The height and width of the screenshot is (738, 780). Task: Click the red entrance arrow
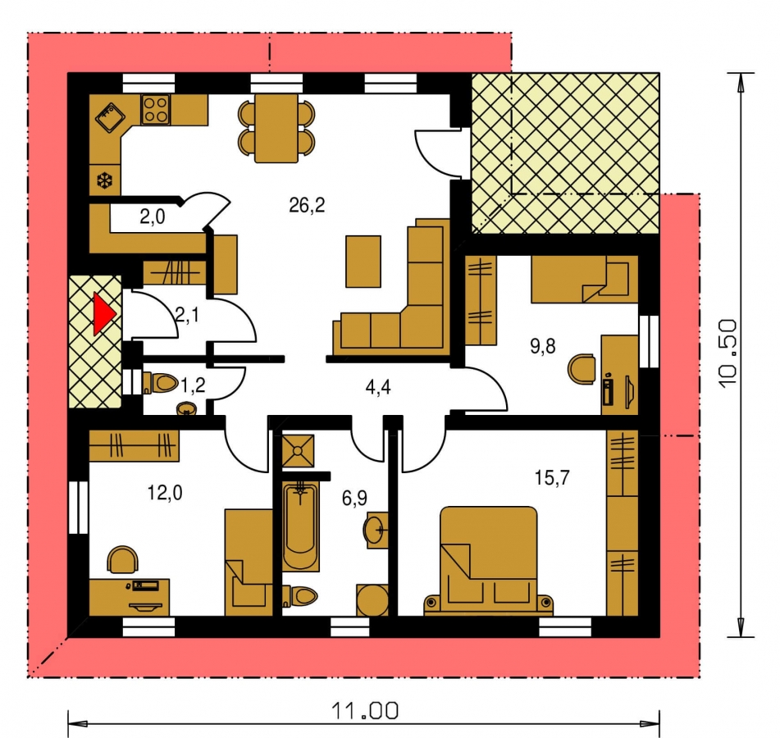point(104,313)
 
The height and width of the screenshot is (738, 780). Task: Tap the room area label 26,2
point(307,204)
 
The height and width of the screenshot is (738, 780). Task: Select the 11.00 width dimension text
point(365,711)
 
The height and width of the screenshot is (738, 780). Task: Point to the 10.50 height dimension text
point(728,353)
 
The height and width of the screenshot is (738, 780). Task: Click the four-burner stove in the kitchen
point(155,109)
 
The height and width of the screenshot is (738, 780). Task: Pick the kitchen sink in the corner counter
point(111,117)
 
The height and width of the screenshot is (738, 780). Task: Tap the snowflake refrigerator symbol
point(105,180)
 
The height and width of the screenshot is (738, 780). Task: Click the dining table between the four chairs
point(276,128)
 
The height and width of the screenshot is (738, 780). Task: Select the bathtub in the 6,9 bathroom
point(300,525)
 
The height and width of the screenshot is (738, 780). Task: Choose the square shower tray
point(298,450)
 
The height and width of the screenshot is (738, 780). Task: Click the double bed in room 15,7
point(489,560)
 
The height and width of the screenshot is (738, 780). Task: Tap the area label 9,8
point(542,345)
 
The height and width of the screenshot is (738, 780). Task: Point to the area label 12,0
point(165,493)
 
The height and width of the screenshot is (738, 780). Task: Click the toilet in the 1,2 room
point(160,382)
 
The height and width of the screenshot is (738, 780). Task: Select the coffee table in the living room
point(363,262)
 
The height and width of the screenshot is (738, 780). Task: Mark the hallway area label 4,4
point(378,387)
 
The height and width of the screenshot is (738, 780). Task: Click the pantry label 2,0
point(153,216)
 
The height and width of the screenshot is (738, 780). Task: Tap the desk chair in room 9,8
point(582,368)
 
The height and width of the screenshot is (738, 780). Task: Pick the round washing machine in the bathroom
point(372,600)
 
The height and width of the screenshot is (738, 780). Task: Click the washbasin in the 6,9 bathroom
point(376,529)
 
